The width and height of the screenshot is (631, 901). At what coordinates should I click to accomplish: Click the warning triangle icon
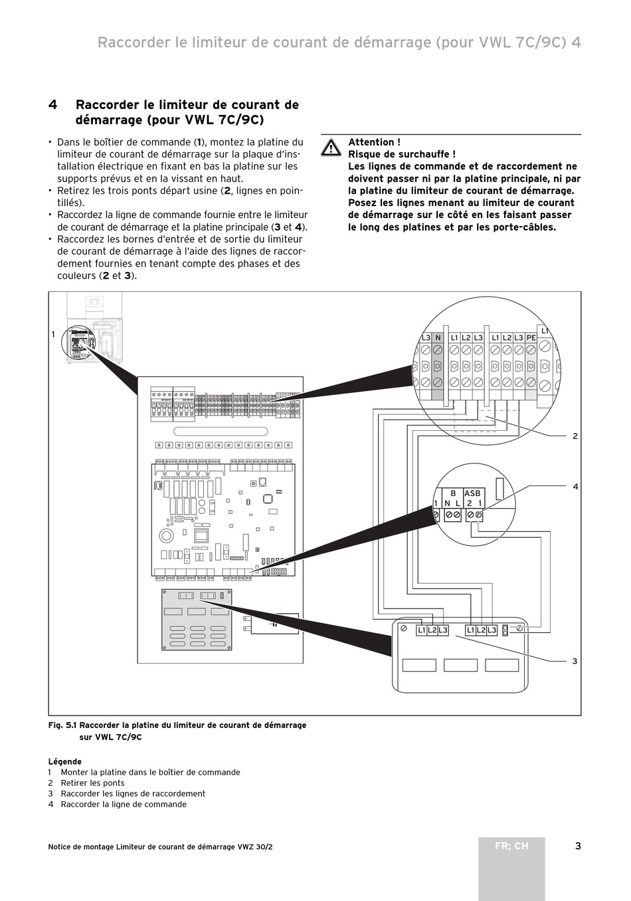point(331,148)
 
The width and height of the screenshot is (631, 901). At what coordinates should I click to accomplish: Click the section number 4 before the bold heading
point(52,105)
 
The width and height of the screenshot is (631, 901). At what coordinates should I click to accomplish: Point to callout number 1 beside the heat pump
point(53,334)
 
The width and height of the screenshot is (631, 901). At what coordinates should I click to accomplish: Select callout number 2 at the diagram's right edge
point(575,436)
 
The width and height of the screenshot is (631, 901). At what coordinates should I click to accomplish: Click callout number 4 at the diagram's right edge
point(575,487)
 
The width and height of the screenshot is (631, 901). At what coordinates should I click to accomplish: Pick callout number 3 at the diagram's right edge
point(575,661)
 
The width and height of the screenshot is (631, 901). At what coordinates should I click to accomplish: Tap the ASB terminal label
point(472,493)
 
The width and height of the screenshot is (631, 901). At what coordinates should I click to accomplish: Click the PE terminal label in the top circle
point(531,338)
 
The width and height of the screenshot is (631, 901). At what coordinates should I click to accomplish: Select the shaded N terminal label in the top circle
point(438,338)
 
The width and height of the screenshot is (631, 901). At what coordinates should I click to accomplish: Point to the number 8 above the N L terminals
point(453,493)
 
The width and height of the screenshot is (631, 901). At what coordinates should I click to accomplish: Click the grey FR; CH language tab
point(511,846)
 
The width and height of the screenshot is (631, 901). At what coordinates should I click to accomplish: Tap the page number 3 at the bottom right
point(578,846)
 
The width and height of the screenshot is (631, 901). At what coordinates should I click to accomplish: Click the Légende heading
point(65,762)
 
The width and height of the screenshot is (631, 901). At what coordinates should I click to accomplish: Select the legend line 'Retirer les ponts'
point(92,783)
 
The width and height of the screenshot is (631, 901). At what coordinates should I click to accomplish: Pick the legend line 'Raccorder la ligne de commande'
point(124,805)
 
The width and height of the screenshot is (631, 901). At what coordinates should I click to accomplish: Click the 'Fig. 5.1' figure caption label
point(62,725)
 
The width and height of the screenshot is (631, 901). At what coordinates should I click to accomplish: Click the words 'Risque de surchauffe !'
point(402,154)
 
